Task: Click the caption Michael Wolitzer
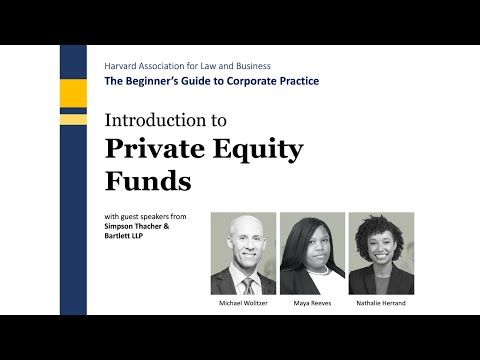[243, 302]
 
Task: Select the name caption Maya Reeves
[312, 302]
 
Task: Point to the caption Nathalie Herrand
[380, 302]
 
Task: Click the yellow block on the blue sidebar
[73, 96]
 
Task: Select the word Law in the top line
[216, 64]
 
